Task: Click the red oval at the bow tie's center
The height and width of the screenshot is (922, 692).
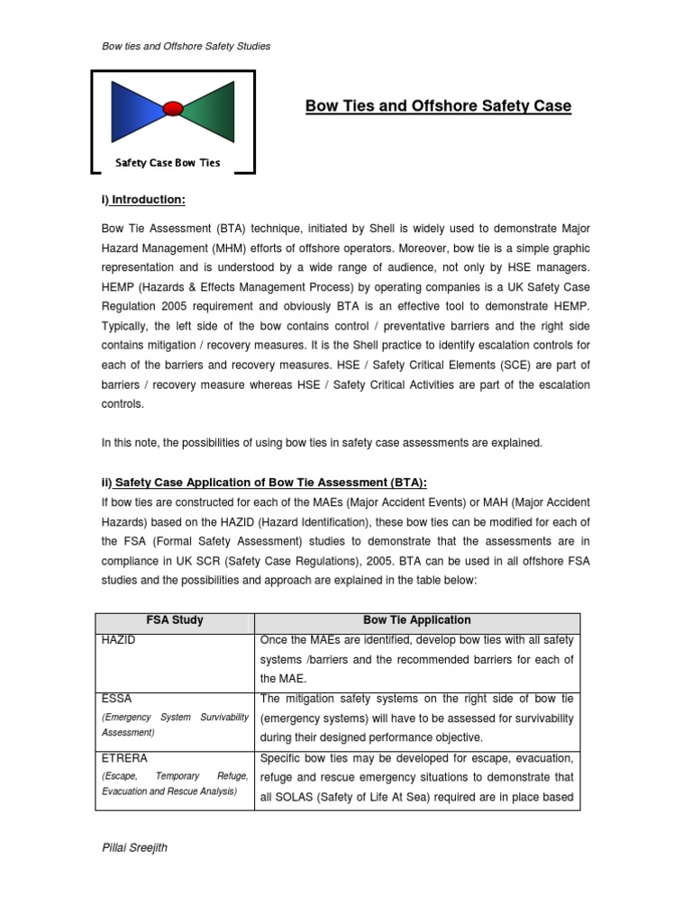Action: tap(173, 109)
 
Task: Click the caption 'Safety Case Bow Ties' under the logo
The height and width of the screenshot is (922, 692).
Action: tap(168, 163)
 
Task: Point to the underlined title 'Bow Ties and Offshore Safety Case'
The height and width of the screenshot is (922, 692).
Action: tap(438, 106)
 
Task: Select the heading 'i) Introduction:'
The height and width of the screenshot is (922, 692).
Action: tap(143, 199)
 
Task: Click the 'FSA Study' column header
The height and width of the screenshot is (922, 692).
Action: tap(175, 620)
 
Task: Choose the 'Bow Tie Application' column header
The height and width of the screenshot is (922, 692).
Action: tap(417, 620)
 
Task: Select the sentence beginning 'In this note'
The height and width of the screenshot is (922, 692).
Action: tap(322, 442)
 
